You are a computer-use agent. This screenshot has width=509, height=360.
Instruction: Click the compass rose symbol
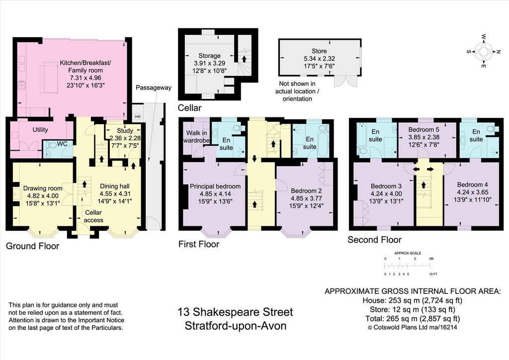[483, 51]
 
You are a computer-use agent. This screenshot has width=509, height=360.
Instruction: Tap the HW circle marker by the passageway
[138, 116]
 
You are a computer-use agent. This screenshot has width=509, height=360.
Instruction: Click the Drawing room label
[43, 188]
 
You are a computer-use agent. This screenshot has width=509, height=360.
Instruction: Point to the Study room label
[125, 130]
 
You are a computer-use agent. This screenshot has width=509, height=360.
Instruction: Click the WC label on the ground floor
[62, 144]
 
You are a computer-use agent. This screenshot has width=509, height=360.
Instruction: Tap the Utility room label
[40, 130]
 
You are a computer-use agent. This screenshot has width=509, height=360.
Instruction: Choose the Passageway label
[154, 88]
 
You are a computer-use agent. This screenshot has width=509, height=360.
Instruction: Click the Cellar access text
[93, 216]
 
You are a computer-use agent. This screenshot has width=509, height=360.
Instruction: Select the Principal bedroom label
[215, 186]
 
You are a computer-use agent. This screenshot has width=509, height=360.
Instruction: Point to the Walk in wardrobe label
[197, 137]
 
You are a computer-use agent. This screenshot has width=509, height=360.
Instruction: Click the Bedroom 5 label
[424, 129]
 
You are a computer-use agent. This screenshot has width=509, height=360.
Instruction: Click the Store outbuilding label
[319, 51]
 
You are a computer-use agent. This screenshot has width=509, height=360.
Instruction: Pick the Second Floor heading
[375, 240]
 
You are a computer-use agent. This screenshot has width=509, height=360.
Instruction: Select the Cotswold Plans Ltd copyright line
[412, 327]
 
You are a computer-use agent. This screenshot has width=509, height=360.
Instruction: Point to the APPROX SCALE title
[408, 253]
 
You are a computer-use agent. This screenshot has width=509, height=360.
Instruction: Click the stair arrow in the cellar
[243, 59]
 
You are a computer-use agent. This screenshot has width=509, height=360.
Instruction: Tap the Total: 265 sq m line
[412, 318]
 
